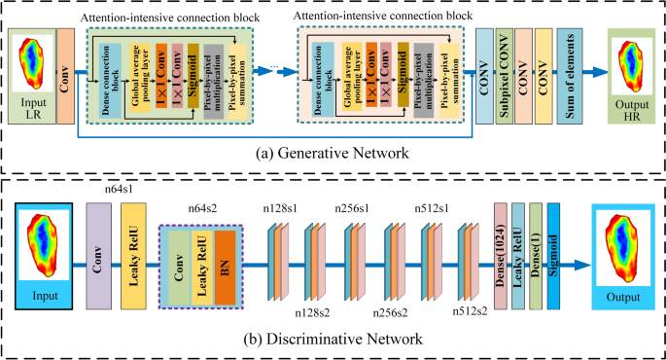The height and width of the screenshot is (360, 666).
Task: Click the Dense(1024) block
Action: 502,256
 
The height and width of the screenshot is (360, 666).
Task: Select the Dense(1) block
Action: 536,256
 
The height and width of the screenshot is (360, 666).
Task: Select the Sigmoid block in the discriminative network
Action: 553,256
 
